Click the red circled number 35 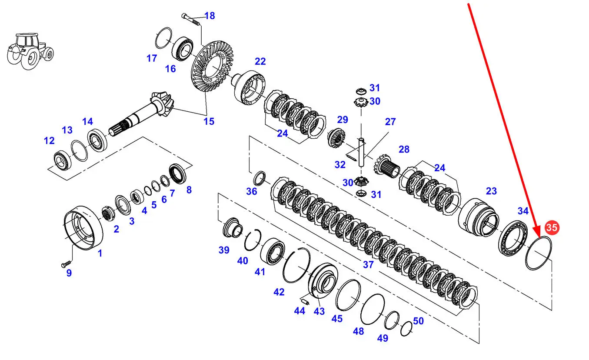pos(552,227)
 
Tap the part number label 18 pos(210,16)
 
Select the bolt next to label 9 pos(65,263)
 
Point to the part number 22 pos(260,61)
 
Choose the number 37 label pos(368,264)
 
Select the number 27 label pos(390,122)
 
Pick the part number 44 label pos(299,311)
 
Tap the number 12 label pos(49,140)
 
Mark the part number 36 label pos(252,191)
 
